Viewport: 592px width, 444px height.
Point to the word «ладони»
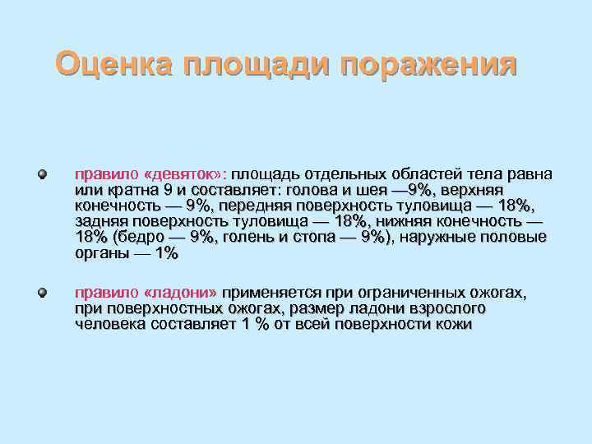(180, 293)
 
